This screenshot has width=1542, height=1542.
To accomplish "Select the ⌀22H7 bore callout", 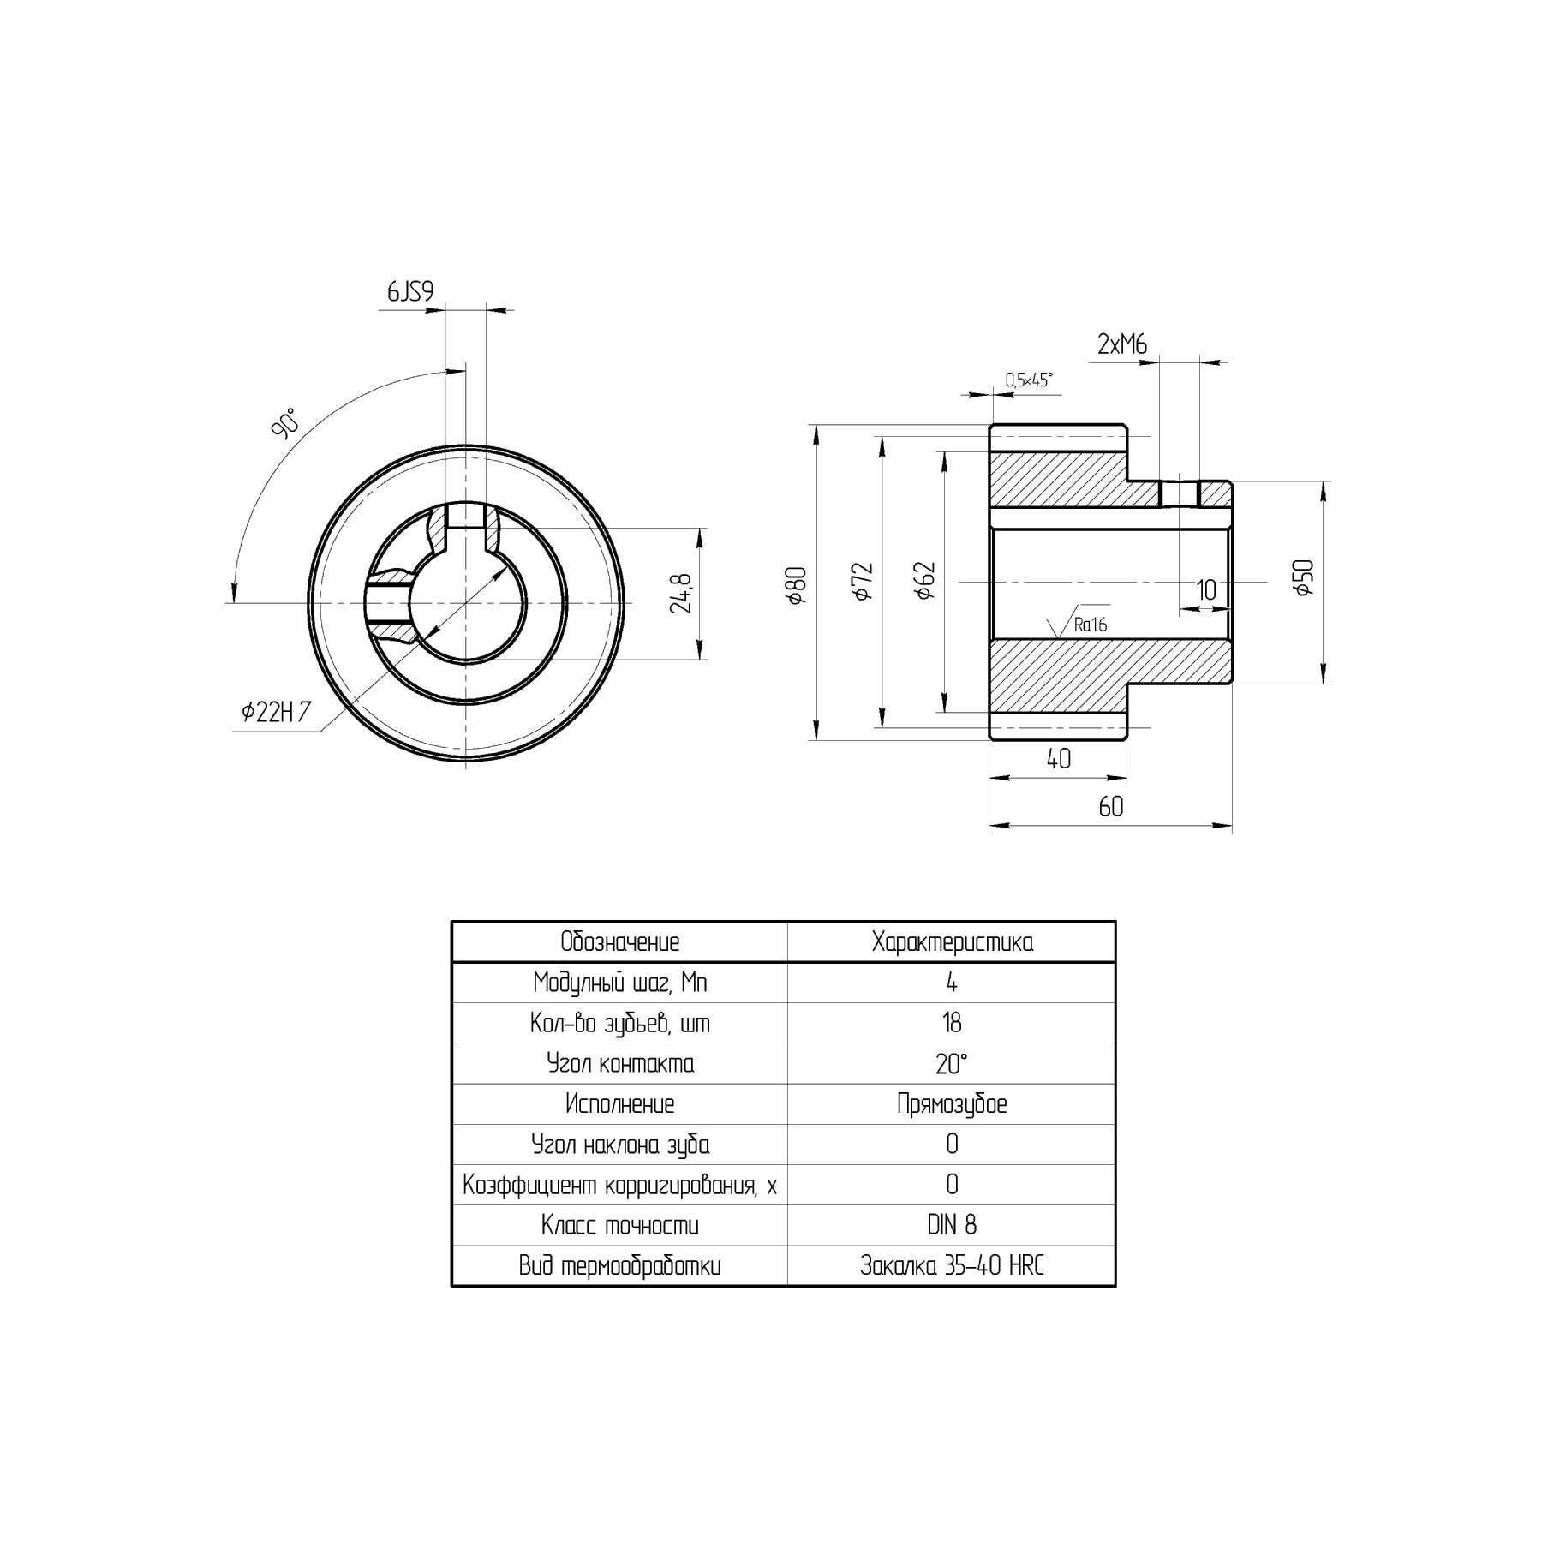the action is (x=276, y=712).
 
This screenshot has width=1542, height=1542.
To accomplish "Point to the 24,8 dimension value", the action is (x=682, y=593).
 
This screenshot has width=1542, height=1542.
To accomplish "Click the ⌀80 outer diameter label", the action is (x=796, y=585).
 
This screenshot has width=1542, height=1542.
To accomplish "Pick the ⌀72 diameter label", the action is (x=861, y=581).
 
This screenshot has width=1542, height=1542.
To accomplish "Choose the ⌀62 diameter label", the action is (x=924, y=581).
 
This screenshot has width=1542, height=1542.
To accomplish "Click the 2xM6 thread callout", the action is (x=1122, y=344).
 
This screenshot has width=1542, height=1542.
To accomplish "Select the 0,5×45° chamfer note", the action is (x=1029, y=380).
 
